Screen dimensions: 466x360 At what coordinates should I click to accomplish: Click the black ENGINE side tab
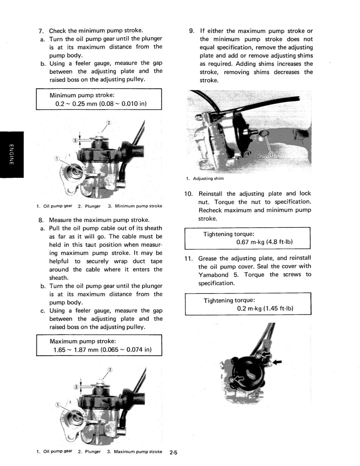[11, 155]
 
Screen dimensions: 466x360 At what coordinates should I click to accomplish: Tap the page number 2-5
[173, 453]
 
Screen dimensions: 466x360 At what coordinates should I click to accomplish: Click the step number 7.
[40, 31]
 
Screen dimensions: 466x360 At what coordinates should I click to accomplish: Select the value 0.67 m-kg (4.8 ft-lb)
[264, 242]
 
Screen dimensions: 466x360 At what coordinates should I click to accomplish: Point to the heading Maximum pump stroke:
[83, 341]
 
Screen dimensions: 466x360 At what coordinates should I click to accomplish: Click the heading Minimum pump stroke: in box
[82, 95]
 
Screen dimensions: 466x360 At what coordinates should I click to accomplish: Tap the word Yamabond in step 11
[213, 275]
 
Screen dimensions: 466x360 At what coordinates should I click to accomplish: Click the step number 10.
[188, 194]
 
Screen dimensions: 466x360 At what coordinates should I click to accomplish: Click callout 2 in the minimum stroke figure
[109, 123]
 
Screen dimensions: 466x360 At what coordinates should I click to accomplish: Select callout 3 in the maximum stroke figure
[75, 387]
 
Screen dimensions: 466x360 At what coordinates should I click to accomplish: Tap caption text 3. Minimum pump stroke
[135, 206]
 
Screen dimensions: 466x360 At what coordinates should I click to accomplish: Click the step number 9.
[192, 31]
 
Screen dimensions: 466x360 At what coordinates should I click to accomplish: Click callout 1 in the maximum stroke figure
[57, 405]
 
